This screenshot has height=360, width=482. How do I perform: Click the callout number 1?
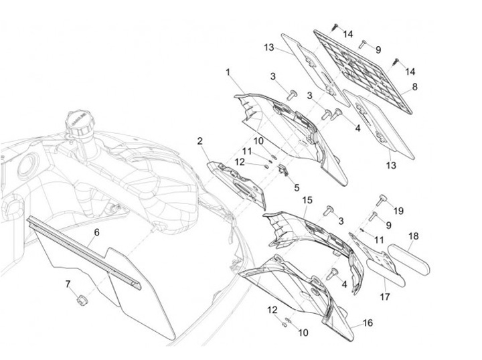[228, 72]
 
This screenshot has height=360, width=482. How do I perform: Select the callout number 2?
[200, 141]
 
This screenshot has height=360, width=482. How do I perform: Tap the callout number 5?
[297, 187]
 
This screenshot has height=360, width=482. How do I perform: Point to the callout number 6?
[96, 232]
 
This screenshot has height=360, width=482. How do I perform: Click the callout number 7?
[68, 284]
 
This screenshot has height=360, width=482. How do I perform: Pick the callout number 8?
[414, 87]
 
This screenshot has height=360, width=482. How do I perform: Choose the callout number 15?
[307, 200]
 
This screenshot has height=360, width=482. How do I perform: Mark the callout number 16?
[368, 323]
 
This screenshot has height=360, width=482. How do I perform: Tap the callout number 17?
[385, 296]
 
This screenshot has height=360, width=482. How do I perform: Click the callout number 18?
[414, 236]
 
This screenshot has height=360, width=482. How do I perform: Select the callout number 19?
[398, 211]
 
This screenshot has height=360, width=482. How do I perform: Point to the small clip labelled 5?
[283, 170]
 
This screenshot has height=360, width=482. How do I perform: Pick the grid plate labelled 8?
[363, 72]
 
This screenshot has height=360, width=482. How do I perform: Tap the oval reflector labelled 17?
[386, 273]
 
